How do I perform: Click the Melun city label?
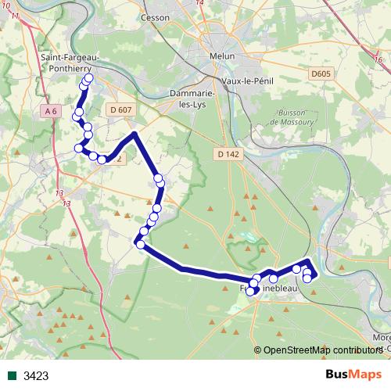[221, 56]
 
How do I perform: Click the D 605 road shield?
[321, 74]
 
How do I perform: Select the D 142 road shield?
[228, 155]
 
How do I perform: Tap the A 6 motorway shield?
[52, 111]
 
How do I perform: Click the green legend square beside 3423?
[12, 376]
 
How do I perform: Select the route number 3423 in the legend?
[36, 376]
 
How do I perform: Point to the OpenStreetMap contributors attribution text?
[319, 351]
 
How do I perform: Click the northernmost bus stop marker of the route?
[88, 78]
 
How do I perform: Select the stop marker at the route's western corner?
[141, 244]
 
